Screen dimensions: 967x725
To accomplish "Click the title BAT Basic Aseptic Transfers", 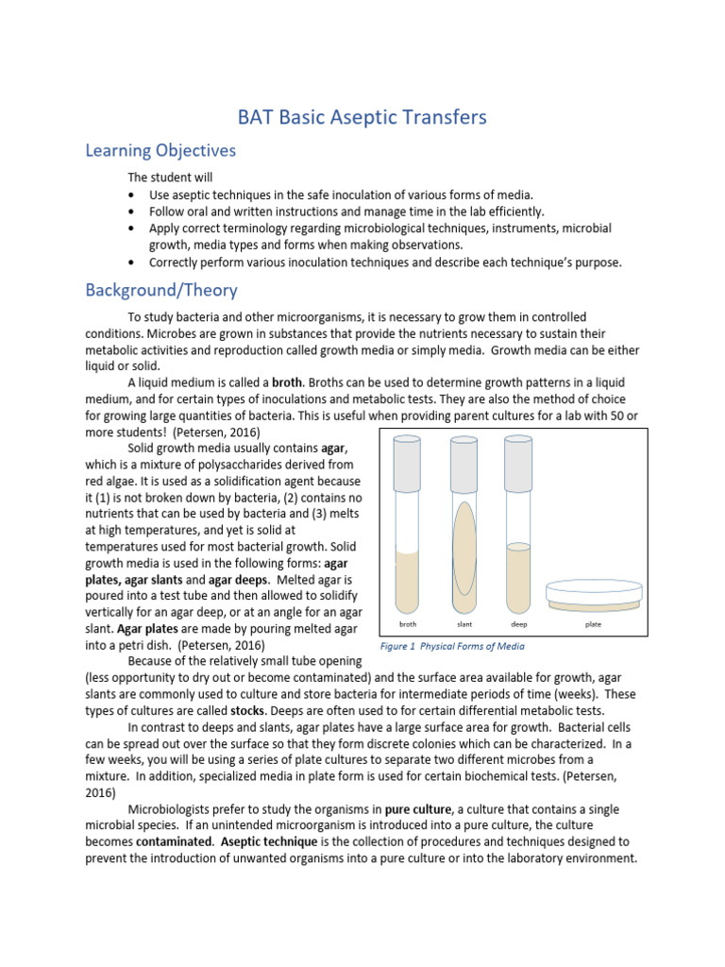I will (x=362, y=117).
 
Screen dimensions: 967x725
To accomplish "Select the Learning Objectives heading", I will (x=160, y=151).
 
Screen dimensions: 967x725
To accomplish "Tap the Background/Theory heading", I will (x=161, y=290).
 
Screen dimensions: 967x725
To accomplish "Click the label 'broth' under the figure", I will (x=408, y=624).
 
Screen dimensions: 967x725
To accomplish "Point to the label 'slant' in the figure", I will (x=464, y=624).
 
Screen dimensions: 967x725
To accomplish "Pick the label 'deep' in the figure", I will (x=518, y=624).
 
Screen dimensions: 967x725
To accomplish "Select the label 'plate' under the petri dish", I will (x=594, y=624).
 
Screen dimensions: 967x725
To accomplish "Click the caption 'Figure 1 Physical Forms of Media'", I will (x=451, y=647).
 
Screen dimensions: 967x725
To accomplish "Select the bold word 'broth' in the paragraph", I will (x=286, y=382).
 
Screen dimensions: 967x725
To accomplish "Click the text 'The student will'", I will (x=171, y=178).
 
